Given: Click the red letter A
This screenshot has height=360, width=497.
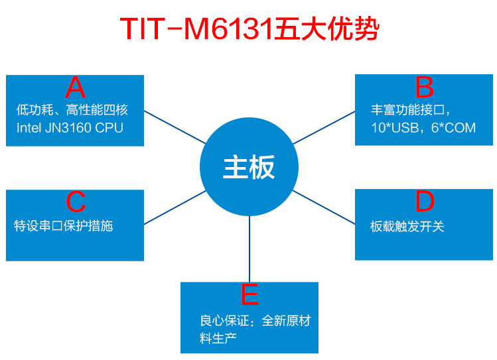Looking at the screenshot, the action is (76, 88).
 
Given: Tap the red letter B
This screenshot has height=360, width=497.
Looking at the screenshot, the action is (424, 88).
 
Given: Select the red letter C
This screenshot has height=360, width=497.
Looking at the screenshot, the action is (76, 202).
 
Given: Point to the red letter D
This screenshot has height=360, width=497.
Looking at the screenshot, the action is (424, 201).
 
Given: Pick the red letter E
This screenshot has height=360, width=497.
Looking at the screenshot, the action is (249, 294).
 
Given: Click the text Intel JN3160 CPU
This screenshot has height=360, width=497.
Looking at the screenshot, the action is (70, 128).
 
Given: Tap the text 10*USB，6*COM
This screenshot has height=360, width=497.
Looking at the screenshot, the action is (423, 128).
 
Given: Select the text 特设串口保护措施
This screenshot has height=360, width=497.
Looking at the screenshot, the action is (64, 226).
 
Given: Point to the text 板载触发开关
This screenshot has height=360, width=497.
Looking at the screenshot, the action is (407, 227).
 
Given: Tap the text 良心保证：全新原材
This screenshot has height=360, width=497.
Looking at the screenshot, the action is (255, 322).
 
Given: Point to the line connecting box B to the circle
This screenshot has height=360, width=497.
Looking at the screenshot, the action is (324, 127).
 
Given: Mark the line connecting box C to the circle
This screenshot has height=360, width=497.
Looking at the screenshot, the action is (174, 207).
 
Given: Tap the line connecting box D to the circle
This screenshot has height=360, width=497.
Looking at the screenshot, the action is (324, 206).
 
